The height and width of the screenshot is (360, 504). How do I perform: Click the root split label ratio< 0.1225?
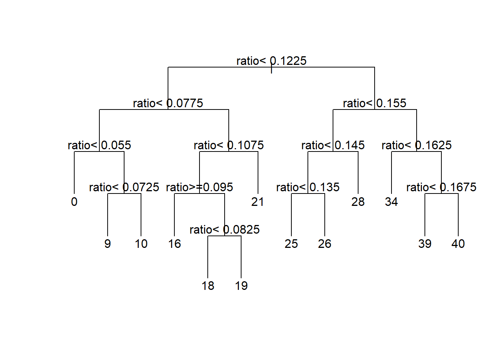tap(271, 61)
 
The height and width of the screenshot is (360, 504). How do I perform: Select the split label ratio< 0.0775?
tap(168, 103)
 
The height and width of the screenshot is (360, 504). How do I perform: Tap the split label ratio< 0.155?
tap(374, 103)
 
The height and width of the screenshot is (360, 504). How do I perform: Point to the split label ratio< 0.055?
tap(99, 145)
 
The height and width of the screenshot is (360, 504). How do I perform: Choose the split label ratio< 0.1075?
tap(228, 145)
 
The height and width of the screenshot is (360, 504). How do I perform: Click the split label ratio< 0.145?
tap(333, 145)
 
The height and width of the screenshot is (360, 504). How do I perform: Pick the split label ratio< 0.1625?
tap(416, 145)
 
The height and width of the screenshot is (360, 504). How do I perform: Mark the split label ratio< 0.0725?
tap(124, 187)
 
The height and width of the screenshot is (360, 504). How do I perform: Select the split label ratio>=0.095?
tap(199, 187)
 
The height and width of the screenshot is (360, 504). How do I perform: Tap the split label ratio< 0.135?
tap(307, 187)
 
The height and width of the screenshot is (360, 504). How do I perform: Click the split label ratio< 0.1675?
tap(441, 187)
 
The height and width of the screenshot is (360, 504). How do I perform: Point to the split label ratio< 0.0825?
tap(224, 229)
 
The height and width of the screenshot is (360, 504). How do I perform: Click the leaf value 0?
tap(74, 202)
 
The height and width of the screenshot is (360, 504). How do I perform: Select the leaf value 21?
tap(258, 202)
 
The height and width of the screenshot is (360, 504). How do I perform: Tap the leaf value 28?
tap(358, 202)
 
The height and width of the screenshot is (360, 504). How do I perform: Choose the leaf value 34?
tap(391, 202)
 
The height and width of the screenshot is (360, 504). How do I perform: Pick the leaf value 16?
tap(174, 244)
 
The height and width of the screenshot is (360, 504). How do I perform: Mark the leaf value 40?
tap(458, 244)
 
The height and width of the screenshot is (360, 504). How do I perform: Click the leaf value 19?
tap(241, 286)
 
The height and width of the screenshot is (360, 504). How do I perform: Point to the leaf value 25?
tap(291, 244)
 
